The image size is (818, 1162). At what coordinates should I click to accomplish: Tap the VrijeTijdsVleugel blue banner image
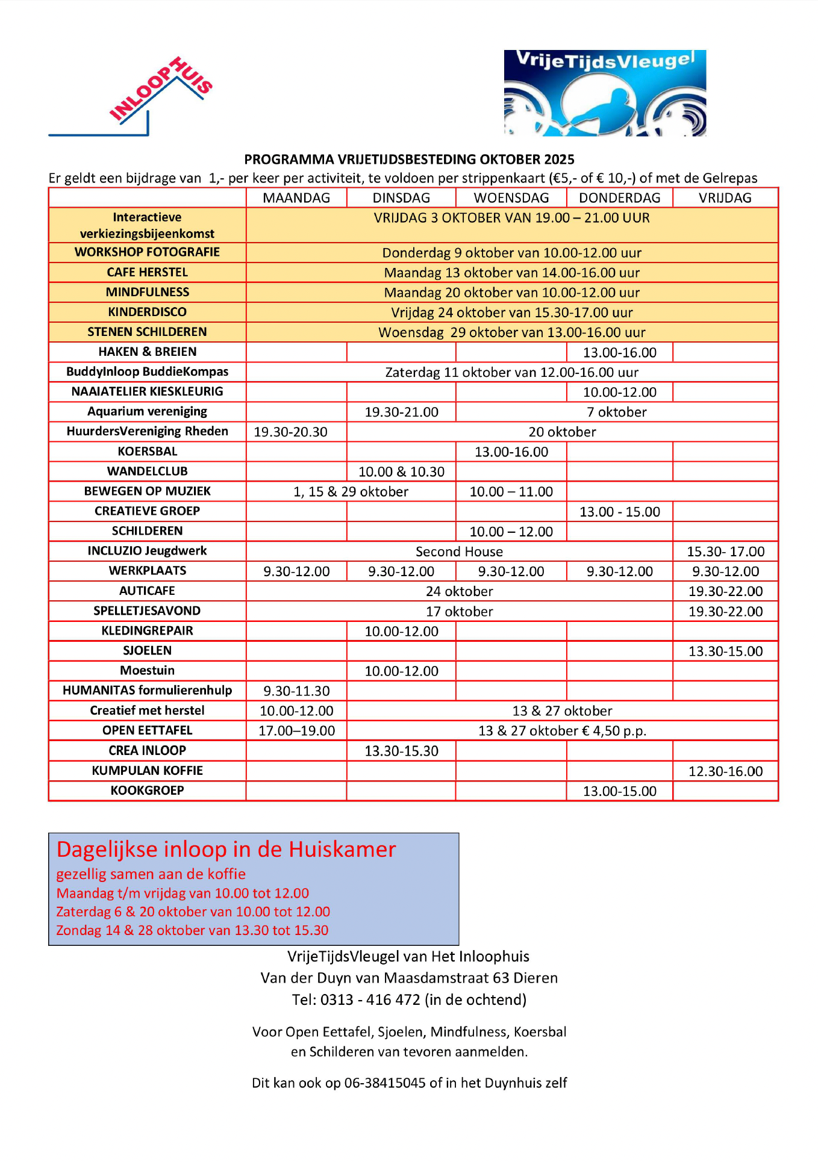605,93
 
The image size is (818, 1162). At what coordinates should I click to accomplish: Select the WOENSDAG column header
511,198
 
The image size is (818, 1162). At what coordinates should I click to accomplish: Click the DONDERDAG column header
619,198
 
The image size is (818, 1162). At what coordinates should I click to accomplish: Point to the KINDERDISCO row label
147,312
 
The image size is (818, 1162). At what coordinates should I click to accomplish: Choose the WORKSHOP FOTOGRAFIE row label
147,252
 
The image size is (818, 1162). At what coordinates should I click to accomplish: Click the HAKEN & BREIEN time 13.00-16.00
619,353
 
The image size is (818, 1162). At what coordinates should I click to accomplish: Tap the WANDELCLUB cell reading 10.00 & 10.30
401,472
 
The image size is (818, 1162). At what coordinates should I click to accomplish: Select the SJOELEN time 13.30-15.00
725,651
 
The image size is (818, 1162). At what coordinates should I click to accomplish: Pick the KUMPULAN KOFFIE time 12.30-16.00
725,771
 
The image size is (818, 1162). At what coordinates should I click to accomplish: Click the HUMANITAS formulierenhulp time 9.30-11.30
296,691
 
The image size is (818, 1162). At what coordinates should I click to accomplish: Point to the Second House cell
459,552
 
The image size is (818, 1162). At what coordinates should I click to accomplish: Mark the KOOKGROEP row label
147,791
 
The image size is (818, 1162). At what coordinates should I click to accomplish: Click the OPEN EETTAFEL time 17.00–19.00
296,731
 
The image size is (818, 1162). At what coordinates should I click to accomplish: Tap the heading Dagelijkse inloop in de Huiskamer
226,850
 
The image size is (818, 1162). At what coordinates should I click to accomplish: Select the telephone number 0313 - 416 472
370,1000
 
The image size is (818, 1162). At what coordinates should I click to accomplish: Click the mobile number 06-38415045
384,1083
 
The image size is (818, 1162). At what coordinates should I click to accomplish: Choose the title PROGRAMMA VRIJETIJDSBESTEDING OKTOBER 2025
409,160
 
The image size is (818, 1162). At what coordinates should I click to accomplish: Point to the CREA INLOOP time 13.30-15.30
401,751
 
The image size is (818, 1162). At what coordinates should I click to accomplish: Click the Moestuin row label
147,671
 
